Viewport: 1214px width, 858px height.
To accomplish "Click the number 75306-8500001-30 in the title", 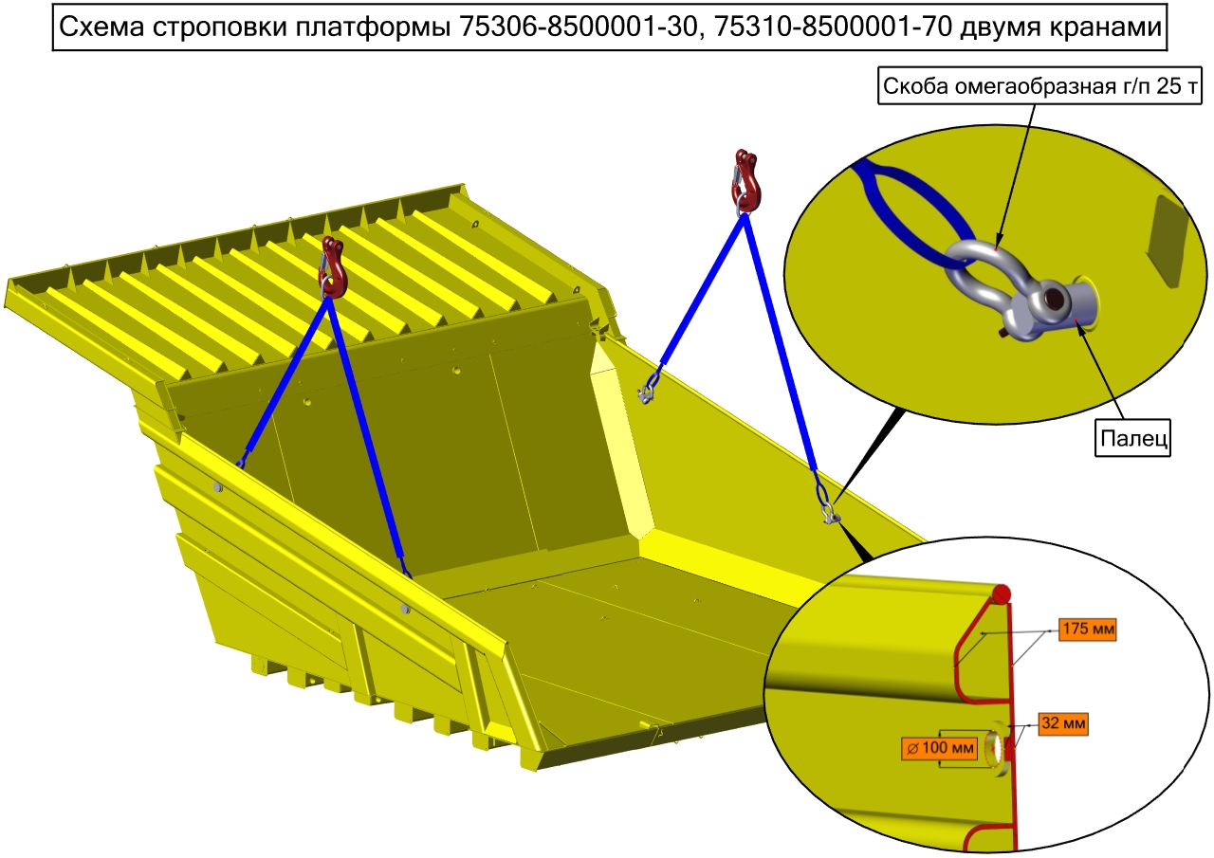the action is click(x=578, y=27).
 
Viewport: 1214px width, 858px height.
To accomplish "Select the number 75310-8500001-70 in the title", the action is click(x=833, y=27).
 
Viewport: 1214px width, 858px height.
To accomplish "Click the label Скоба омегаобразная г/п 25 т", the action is click(x=1039, y=85).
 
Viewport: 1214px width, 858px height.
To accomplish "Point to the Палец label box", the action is click(x=1132, y=437).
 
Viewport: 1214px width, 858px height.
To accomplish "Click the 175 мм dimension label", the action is click(x=1088, y=629).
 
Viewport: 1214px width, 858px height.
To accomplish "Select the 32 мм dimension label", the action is click(x=1063, y=723).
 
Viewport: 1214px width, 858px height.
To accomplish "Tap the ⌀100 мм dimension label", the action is click(x=940, y=748).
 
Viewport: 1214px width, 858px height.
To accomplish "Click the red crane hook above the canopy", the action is click(x=331, y=267).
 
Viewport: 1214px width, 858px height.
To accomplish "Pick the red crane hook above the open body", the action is click(x=746, y=182).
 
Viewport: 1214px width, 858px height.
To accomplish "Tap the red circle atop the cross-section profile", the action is click(x=1002, y=593).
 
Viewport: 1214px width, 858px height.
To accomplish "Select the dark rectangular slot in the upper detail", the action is click(x=1167, y=241).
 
